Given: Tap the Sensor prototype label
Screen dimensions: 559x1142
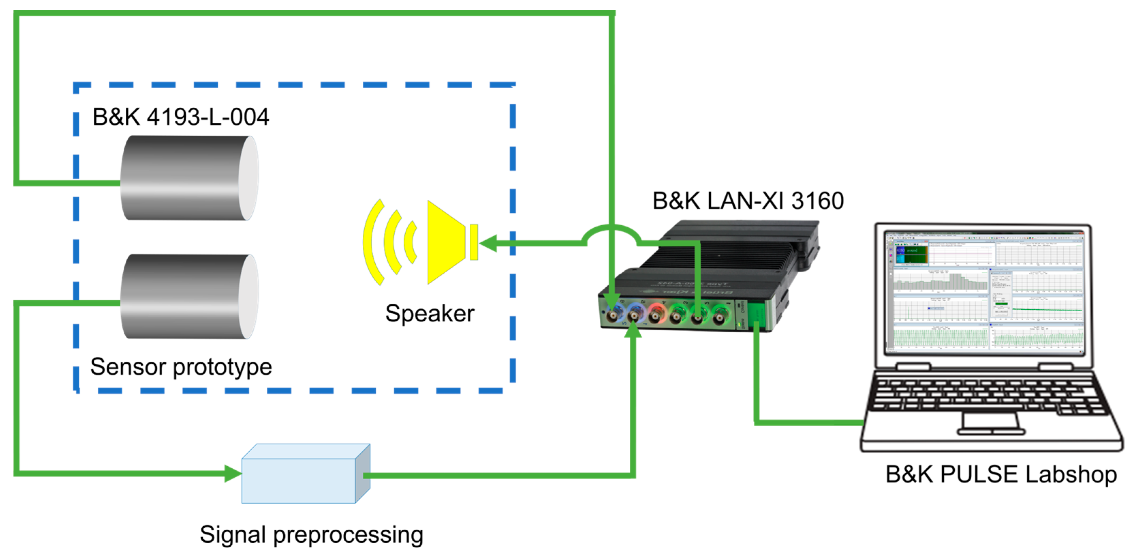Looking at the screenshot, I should (181, 367).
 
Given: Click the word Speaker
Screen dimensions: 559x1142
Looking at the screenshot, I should (429, 314).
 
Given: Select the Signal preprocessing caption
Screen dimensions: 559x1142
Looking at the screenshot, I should (311, 534).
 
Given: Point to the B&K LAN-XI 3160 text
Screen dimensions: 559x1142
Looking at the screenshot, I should (748, 201).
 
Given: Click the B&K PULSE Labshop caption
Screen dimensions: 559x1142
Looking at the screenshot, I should (1001, 474).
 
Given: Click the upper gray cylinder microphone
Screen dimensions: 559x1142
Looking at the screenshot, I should (188, 178).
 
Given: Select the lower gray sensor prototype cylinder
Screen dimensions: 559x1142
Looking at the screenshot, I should (188, 296).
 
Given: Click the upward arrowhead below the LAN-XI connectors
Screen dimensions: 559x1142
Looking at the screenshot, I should (632, 330).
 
